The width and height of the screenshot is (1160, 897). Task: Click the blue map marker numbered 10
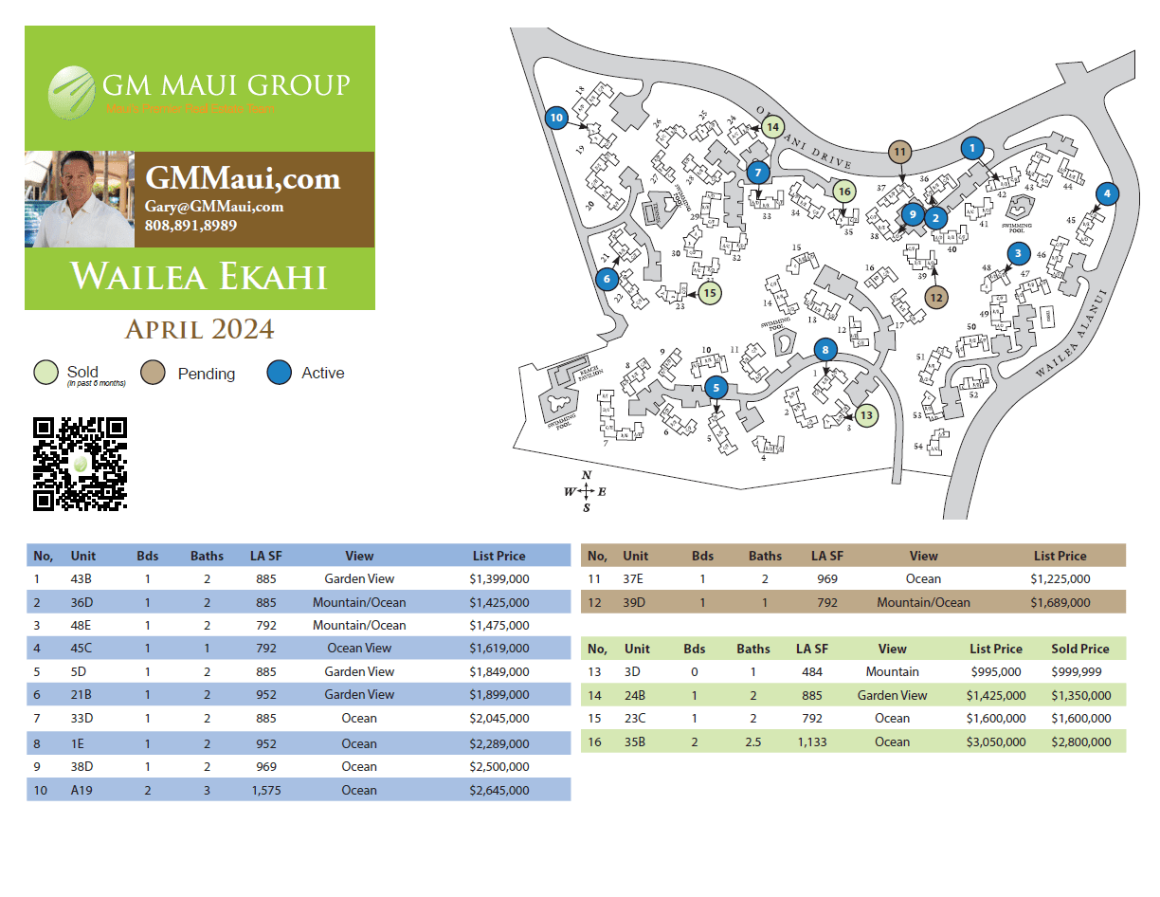pos(556,118)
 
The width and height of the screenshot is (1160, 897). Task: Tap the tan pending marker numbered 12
pos(936,297)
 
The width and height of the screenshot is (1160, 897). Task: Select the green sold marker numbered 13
pos(867,414)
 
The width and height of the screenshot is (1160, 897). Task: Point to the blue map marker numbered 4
pos(1107,193)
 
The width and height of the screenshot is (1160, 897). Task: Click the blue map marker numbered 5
pos(716,387)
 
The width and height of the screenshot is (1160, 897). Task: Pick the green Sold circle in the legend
pos(45,373)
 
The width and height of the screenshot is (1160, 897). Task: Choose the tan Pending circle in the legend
pos(153,373)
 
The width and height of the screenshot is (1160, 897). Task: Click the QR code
pos(80,464)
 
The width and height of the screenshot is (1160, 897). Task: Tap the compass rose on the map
pos(587,491)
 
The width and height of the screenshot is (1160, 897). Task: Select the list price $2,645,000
pos(499,790)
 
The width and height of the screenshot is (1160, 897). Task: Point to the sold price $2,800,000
pos(1080,741)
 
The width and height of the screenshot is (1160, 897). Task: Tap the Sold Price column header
pos(1080,649)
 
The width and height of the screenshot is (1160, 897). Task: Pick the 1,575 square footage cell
pos(264,790)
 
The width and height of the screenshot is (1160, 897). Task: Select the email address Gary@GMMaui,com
pos(214,207)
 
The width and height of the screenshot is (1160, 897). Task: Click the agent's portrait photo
pos(80,199)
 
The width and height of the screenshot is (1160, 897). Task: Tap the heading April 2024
pos(200,329)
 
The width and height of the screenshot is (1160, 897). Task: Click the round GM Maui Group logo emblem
pos(73,91)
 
